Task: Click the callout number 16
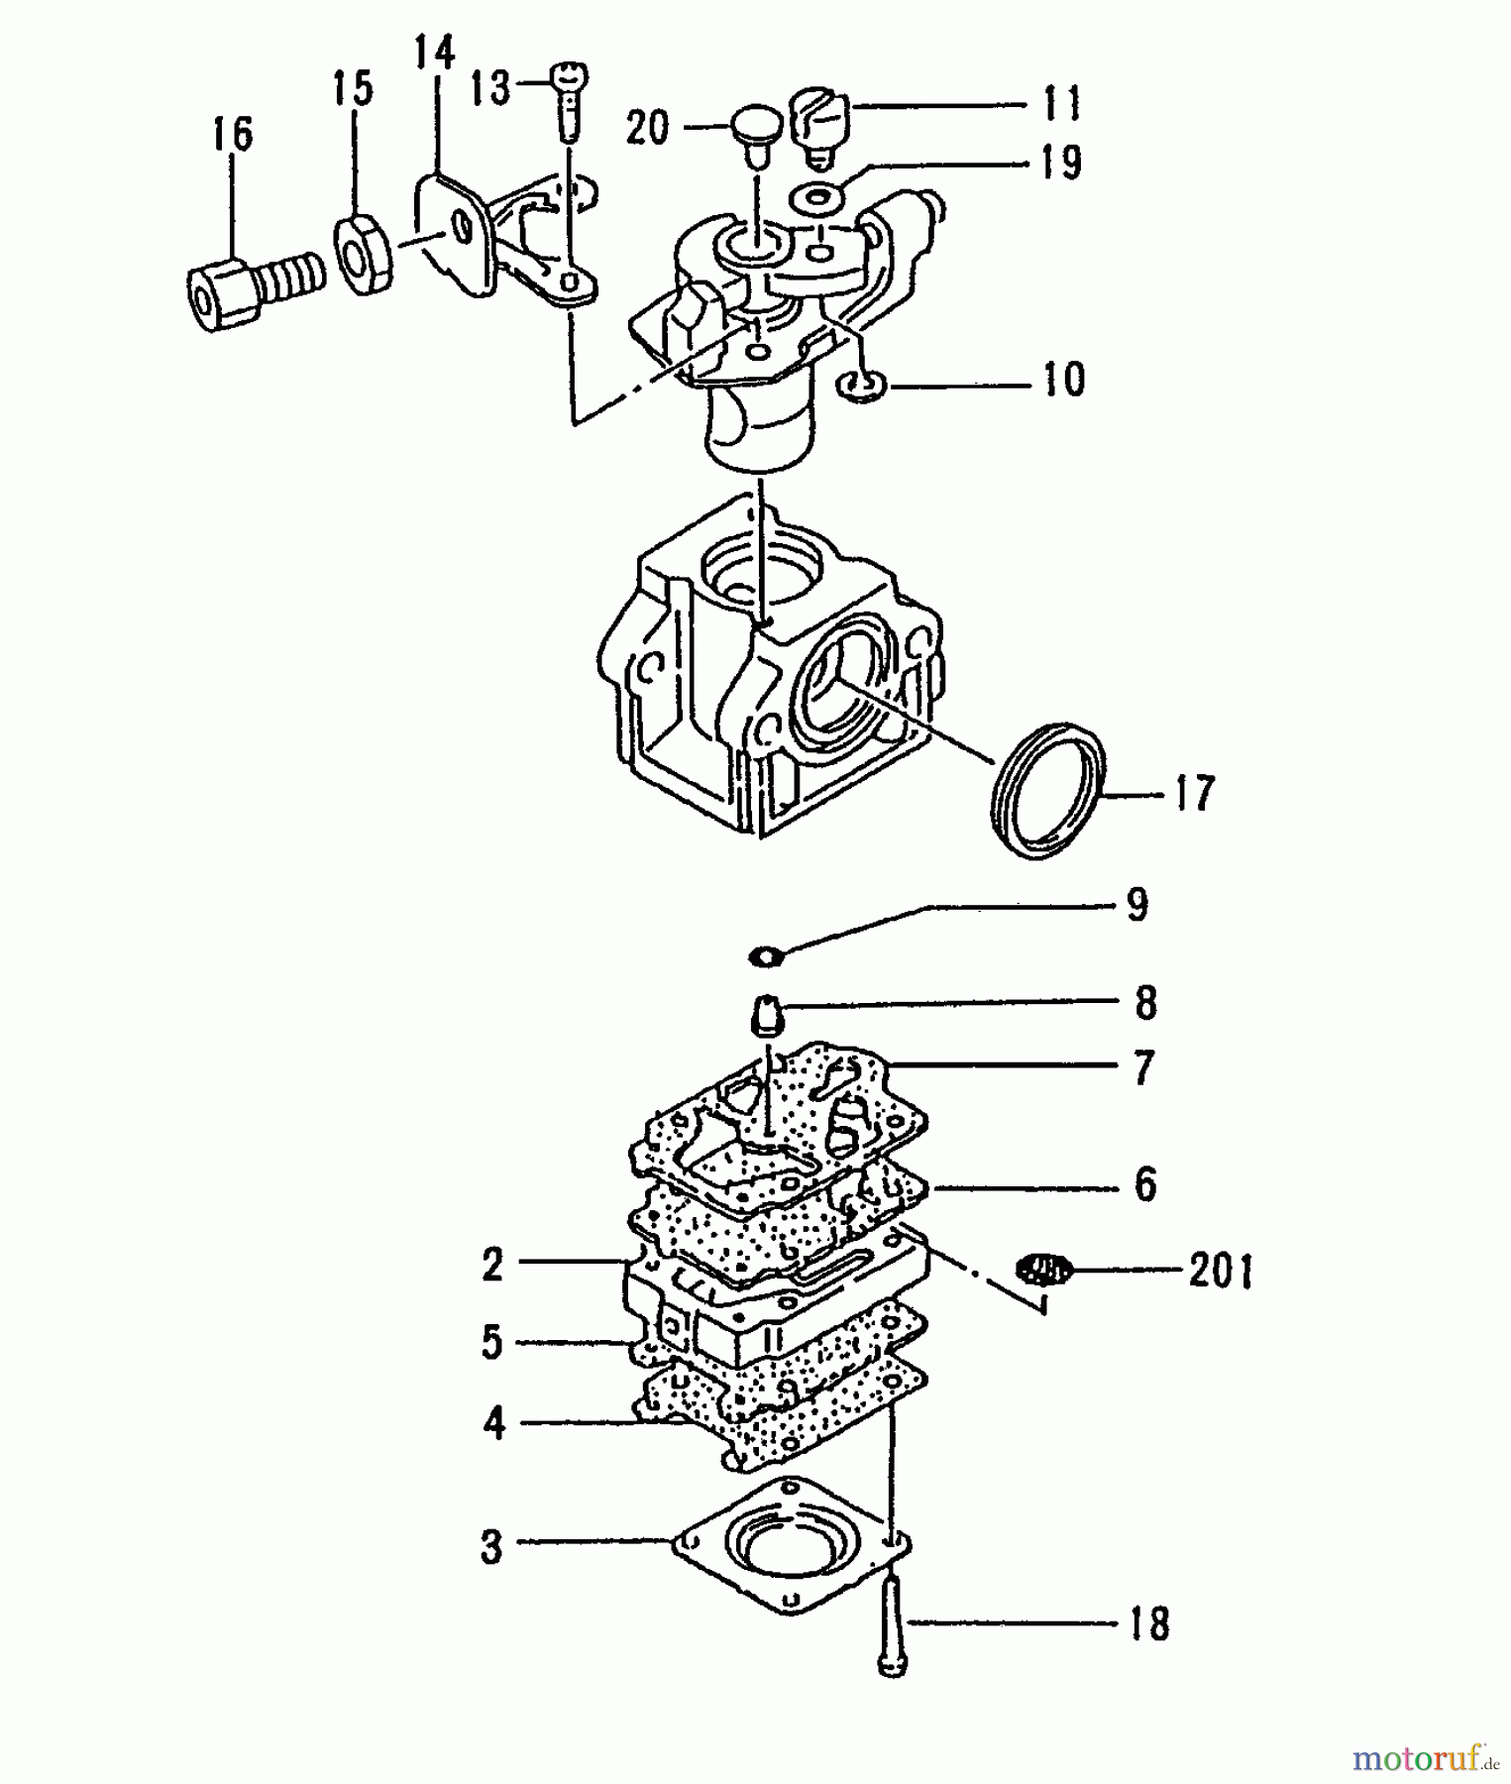pyautogui.click(x=233, y=134)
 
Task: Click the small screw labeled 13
pyautogui.click(x=570, y=99)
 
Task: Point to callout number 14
pyautogui.click(x=434, y=54)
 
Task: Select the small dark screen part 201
pyautogui.click(x=1045, y=1269)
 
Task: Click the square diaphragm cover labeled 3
pyautogui.click(x=793, y=1546)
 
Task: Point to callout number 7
pyautogui.click(x=1143, y=1068)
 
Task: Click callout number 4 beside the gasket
pyautogui.click(x=492, y=1424)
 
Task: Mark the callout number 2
pyautogui.click(x=492, y=1265)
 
